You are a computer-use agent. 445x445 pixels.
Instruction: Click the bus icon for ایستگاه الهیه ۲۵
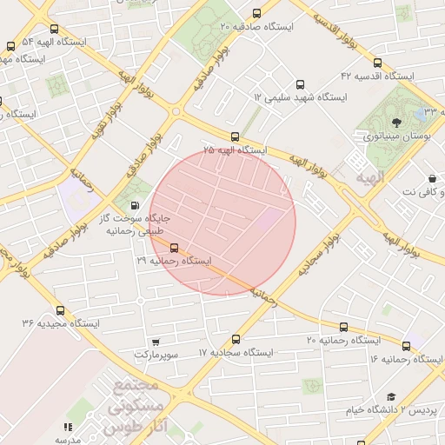click(235, 136)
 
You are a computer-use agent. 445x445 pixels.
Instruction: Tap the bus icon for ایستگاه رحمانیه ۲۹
click(174, 247)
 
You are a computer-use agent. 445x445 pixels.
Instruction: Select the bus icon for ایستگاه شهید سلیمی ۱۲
click(300, 85)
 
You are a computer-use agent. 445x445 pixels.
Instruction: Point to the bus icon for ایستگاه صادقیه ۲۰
click(256, 13)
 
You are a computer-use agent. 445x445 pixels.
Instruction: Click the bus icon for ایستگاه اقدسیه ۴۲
click(377, 63)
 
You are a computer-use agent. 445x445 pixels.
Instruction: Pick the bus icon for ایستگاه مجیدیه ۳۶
click(60, 309)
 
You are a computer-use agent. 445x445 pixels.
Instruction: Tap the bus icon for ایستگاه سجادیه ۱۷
click(236, 339)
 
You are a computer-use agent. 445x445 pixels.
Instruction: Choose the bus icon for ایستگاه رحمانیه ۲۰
click(343, 327)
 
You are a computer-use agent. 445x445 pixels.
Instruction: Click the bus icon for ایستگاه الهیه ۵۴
click(10, 46)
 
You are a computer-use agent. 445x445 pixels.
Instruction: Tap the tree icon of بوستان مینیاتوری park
click(396, 123)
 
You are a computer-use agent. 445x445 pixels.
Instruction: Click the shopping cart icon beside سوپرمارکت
click(155, 342)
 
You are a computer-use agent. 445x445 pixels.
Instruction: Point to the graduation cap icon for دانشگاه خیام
click(390, 396)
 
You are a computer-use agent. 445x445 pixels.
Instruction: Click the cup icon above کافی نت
click(432, 177)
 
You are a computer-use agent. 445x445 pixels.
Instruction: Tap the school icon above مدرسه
click(67, 427)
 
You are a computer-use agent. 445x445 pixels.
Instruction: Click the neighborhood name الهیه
click(368, 176)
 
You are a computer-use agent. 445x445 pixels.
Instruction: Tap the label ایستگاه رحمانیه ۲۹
click(174, 260)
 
